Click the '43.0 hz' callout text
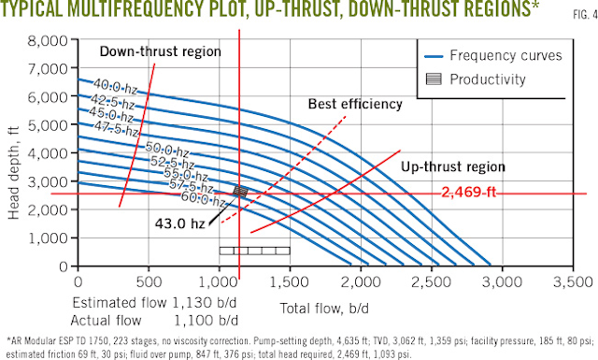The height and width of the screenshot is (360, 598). [x=178, y=224]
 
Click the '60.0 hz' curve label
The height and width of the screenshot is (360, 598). [x=205, y=200]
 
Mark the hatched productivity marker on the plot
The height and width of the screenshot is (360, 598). [x=240, y=191]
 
